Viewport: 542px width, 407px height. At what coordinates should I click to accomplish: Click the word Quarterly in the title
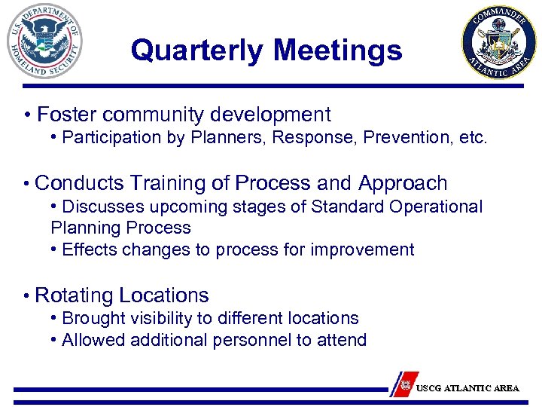pyautogui.click(x=198, y=50)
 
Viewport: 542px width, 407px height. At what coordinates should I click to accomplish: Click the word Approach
pyautogui.click(x=403, y=183)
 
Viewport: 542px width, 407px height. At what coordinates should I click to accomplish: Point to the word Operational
pyautogui.click(x=437, y=207)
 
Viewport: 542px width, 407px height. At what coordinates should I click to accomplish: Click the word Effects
pyautogui.click(x=88, y=249)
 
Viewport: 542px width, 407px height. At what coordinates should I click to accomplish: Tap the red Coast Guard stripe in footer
pyautogui.click(x=406, y=383)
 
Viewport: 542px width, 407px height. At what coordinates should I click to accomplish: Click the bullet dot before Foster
pyautogui.click(x=27, y=115)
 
